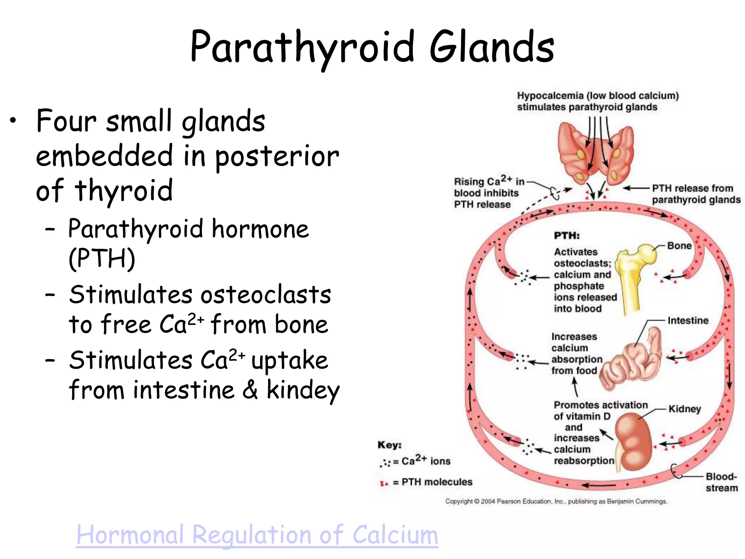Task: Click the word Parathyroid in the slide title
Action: [x=302, y=47]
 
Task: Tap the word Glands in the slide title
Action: [x=492, y=47]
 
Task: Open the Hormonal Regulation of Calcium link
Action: [x=257, y=535]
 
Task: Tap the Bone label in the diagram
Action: [x=679, y=246]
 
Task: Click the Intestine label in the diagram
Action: [x=688, y=321]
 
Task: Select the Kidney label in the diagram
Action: [x=685, y=409]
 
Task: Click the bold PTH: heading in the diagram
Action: [x=567, y=236]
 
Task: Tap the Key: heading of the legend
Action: [x=389, y=445]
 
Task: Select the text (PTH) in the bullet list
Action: [x=102, y=258]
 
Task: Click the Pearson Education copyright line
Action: [x=556, y=501]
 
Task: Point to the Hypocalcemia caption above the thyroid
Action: [x=598, y=101]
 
